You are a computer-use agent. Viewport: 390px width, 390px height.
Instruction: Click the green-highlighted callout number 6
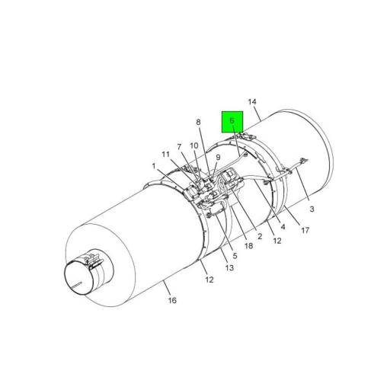(x=232, y=121)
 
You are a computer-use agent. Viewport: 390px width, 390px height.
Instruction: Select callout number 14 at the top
(x=253, y=102)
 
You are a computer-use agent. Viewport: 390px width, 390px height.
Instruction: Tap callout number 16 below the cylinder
(x=172, y=301)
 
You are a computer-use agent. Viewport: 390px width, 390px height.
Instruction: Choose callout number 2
(x=260, y=236)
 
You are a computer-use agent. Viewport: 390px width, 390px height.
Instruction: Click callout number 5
(x=225, y=256)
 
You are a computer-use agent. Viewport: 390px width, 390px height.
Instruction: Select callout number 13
(x=229, y=267)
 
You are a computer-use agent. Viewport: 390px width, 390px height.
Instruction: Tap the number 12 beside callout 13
(x=208, y=280)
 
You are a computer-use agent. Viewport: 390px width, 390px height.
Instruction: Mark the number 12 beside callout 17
(x=277, y=241)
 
